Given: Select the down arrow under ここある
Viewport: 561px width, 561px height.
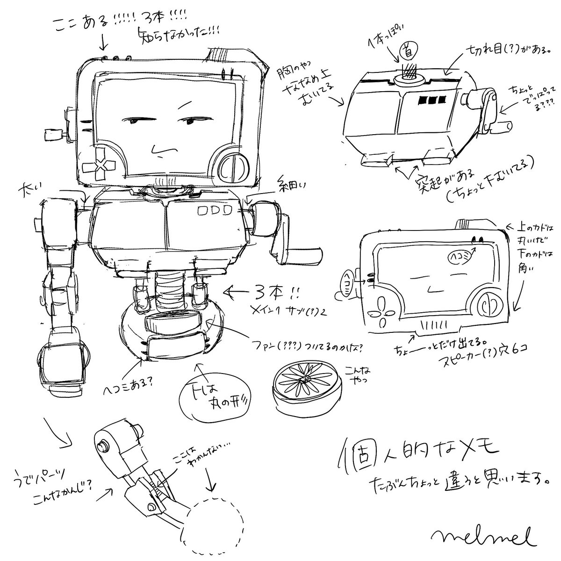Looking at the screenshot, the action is pos(103,43).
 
